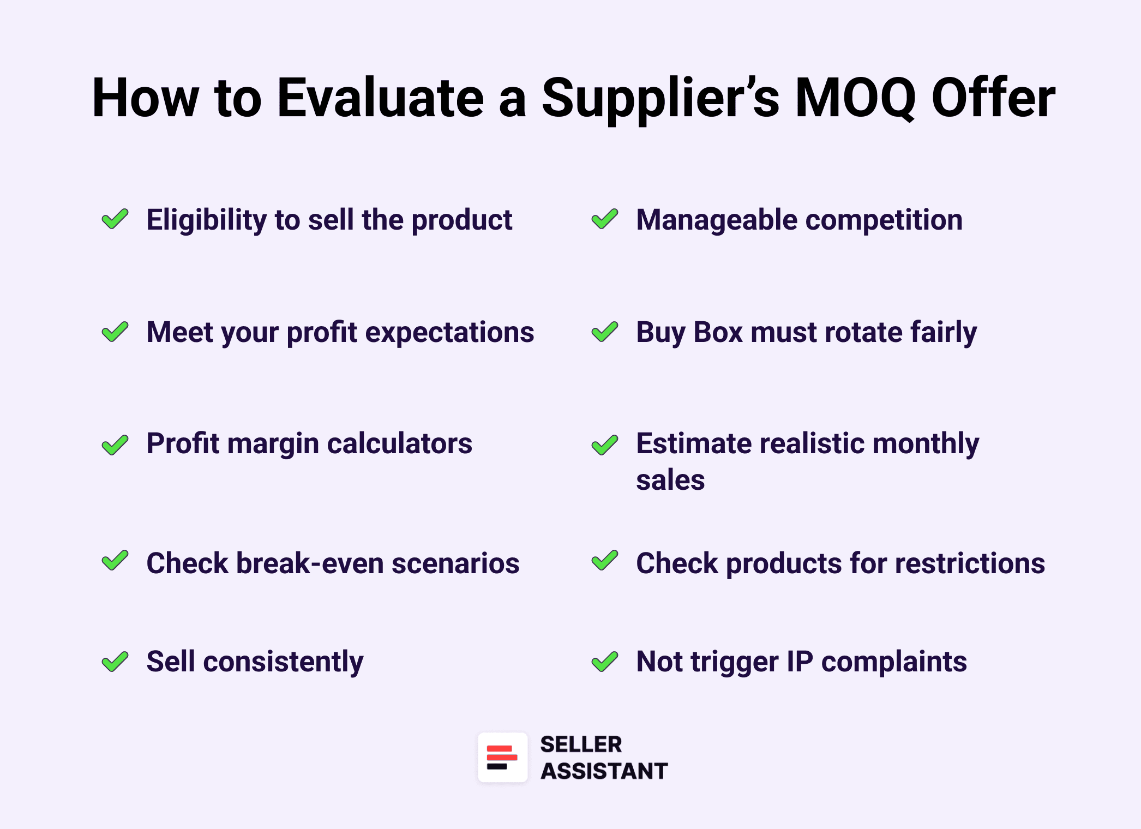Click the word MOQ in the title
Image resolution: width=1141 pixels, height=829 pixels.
tap(855, 98)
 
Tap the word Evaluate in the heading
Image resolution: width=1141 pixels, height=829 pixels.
tap(380, 98)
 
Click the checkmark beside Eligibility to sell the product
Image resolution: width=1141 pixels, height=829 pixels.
tap(115, 219)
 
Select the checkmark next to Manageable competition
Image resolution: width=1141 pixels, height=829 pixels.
tap(604, 219)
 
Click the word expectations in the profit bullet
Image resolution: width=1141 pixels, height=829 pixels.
tap(449, 332)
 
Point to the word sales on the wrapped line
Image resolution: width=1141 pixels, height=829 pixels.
tap(670, 480)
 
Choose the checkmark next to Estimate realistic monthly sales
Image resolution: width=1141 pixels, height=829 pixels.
tap(604, 445)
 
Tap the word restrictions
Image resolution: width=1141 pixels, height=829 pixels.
tap(970, 563)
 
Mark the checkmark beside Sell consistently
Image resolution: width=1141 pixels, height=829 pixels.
tap(115, 662)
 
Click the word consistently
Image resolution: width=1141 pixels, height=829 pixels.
tap(283, 662)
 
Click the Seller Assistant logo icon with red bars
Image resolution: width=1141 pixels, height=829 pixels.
tap(502, 758)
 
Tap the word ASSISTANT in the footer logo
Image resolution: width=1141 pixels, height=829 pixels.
tap(604, 771)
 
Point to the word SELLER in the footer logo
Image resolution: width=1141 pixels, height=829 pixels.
tap(581, 744)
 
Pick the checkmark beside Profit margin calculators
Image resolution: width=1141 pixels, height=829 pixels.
tap(115, 445)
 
